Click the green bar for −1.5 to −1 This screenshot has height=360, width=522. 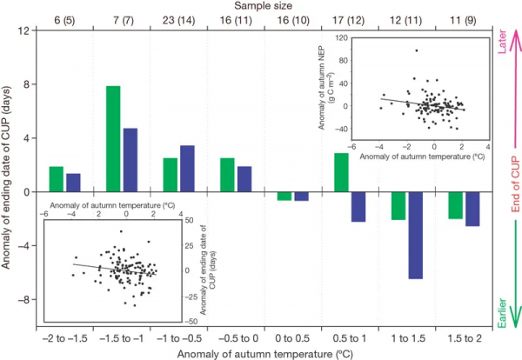pos(113,139)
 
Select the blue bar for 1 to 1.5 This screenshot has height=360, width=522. pos(416,235)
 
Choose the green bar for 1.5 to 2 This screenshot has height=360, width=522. pos(455,205)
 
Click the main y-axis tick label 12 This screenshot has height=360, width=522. pos(23,31)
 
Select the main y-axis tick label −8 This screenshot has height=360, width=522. pos(23,299)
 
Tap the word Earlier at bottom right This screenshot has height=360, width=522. pos(502,311)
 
